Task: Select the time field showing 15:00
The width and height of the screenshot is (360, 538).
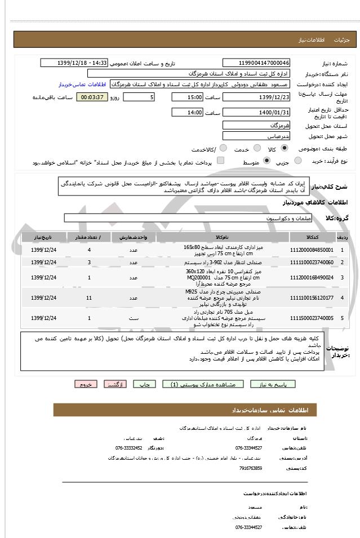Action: [x=187, y=97]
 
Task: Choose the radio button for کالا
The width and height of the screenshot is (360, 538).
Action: [x=283, y=148]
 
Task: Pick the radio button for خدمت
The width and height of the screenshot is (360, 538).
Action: [x=255, y=148]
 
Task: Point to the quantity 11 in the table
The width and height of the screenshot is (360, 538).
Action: [x=89, y=297]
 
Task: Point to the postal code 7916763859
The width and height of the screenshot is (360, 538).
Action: [x=251, y=468]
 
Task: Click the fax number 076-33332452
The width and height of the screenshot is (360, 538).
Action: [x=128, y=448]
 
